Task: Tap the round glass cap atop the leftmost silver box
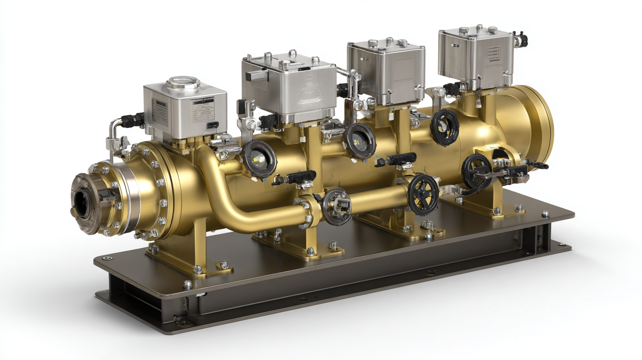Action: click(183, 83)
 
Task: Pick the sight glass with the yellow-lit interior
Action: click(259, 158)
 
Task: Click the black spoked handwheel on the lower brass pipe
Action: click(423, 194)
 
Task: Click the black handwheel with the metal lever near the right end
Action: click(477, 171)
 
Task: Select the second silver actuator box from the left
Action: click(289, 86)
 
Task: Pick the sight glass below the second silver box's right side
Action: click(360, 141)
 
